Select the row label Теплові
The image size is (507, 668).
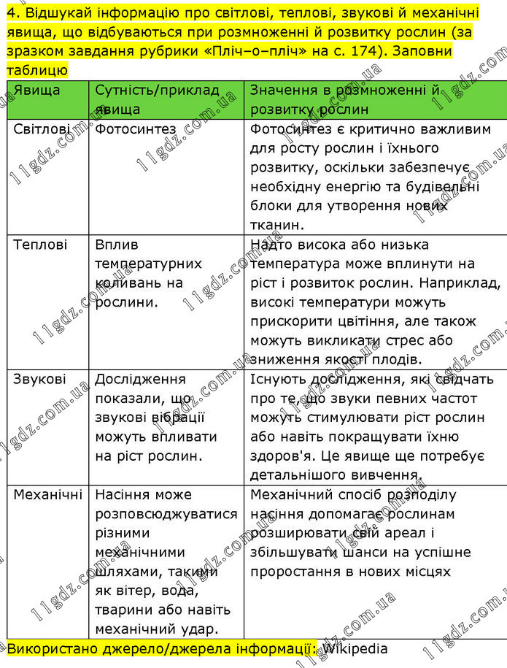click(x=40, y=245)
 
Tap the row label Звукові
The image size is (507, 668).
click(x=39, y=379)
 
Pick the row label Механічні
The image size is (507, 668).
click(x=47, y=495)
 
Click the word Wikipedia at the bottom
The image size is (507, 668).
click(x=355, y=648)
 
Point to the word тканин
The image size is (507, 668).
click(x=275, y=225)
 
